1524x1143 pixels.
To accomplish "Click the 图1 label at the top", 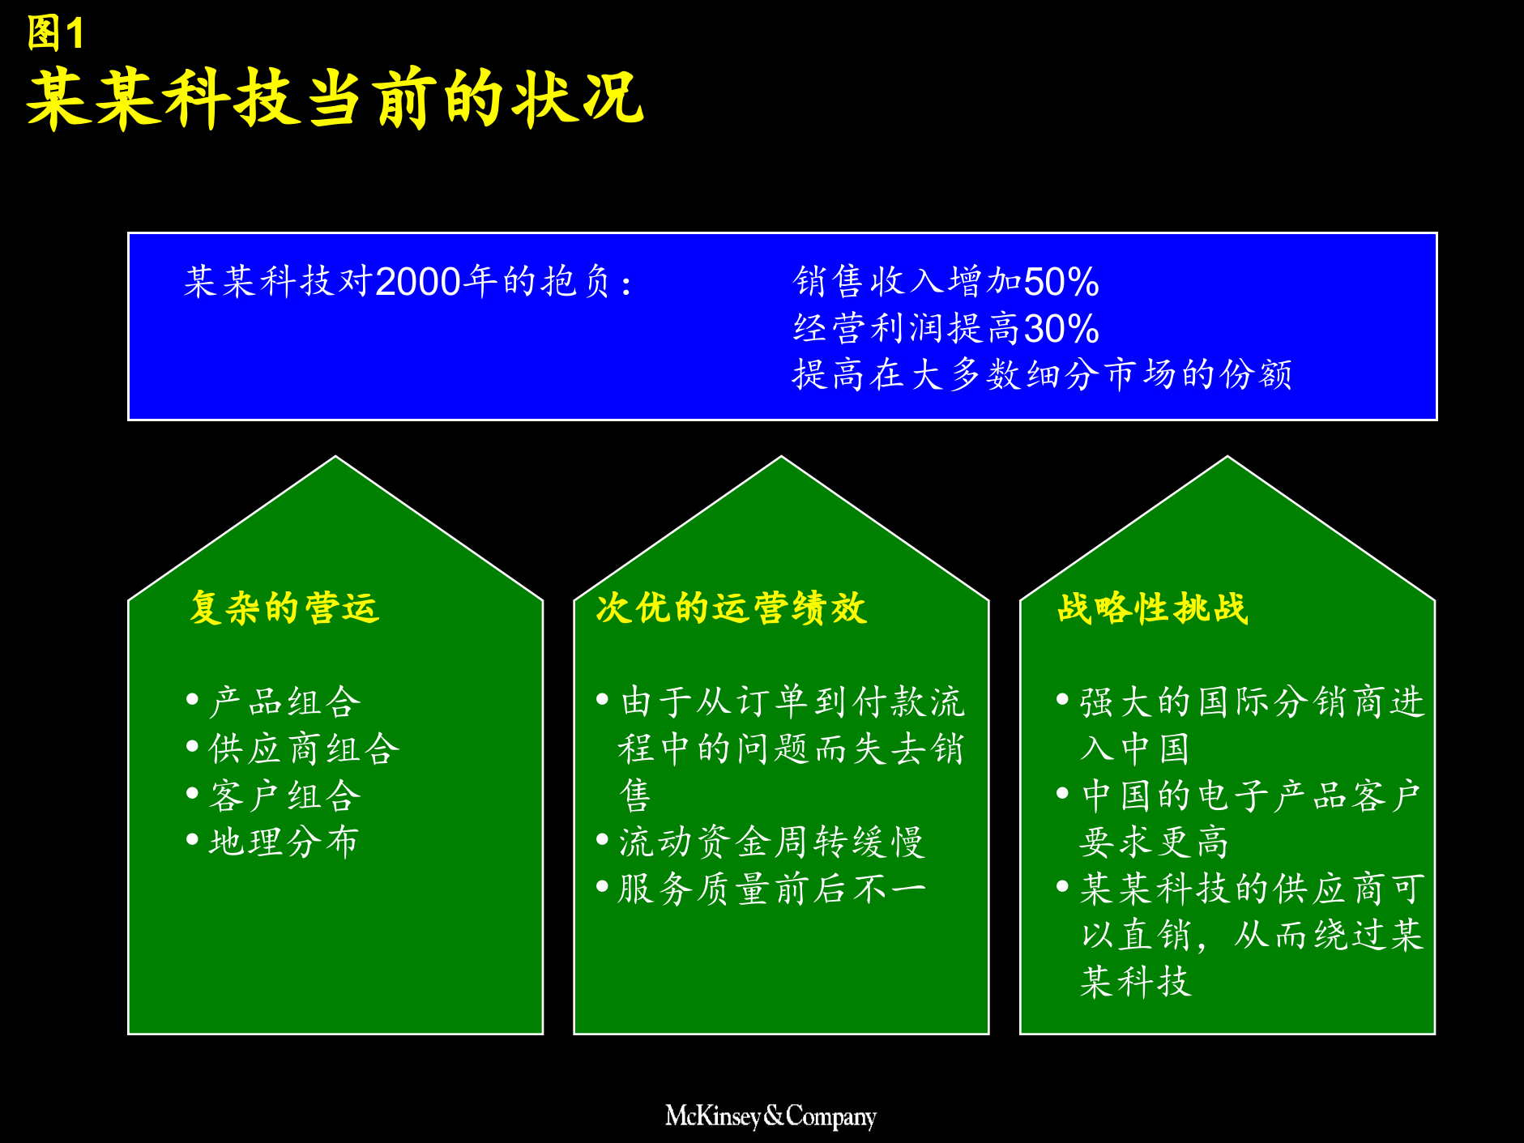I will pyautogui.click(x=55, y=34).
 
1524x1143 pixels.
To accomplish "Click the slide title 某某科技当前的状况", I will pyautogui.click(x=335, y=99).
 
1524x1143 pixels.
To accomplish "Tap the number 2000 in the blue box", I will pyautogui.click(x=418, y=282).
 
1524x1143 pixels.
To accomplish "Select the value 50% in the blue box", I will pyautogui.click(x=1061, y=282).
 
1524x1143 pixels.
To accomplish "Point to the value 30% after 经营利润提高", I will pyautogui.click(x=1061, y=329).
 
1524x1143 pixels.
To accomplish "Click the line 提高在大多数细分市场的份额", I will pyautogui.click(x=1041, y=375).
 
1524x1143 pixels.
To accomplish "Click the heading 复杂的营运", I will pyautogui.click(x=284, y=608).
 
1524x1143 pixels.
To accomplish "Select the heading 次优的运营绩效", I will pyautogui.click(x=731, y=608).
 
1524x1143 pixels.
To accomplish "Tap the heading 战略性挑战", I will pyautogui.click(x=1151, y=608).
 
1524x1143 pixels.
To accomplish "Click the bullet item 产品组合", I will pyautogui.click(x=284, y=702).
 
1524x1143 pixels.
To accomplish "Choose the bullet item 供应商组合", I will pyautogui.click(x=304, y=748).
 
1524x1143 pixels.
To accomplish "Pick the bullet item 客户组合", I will pyautogui.click(x=284, y=795).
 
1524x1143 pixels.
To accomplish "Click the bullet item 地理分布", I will pyautogui.click(x=284, y=842).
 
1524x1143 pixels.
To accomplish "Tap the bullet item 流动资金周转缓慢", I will pyautogui.click(x=771, y=842).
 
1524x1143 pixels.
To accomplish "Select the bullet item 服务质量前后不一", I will pyautogui.click(x=771, y=889).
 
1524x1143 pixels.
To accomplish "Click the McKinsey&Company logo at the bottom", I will pyautogui.click(x=771, y=1116).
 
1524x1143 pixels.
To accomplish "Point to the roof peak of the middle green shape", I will pyautogui.click(x=781, y=459).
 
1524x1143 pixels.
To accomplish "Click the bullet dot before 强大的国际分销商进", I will pyautogui.click(x=1062, y=699).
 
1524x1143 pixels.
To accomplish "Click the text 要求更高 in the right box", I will pyautogui.click(x=1154, y=842).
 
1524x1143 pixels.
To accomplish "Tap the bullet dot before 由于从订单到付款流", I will pyautogui.click(x=602, y=699).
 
